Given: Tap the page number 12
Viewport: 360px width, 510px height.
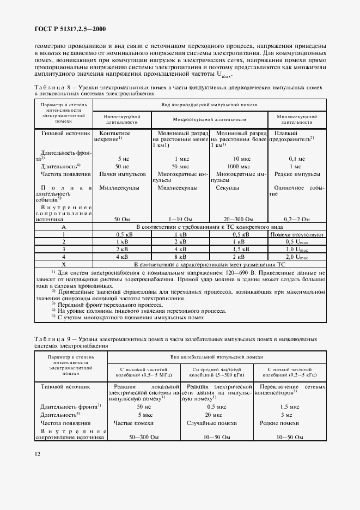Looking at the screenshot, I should [37, 454].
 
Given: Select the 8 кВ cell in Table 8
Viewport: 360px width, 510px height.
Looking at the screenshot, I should [180, 257].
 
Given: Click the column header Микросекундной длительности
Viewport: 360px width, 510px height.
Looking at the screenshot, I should [210, 119].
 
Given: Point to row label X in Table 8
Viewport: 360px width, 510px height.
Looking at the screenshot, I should [64, 264].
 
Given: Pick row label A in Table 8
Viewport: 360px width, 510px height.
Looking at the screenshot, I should [64, 226].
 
